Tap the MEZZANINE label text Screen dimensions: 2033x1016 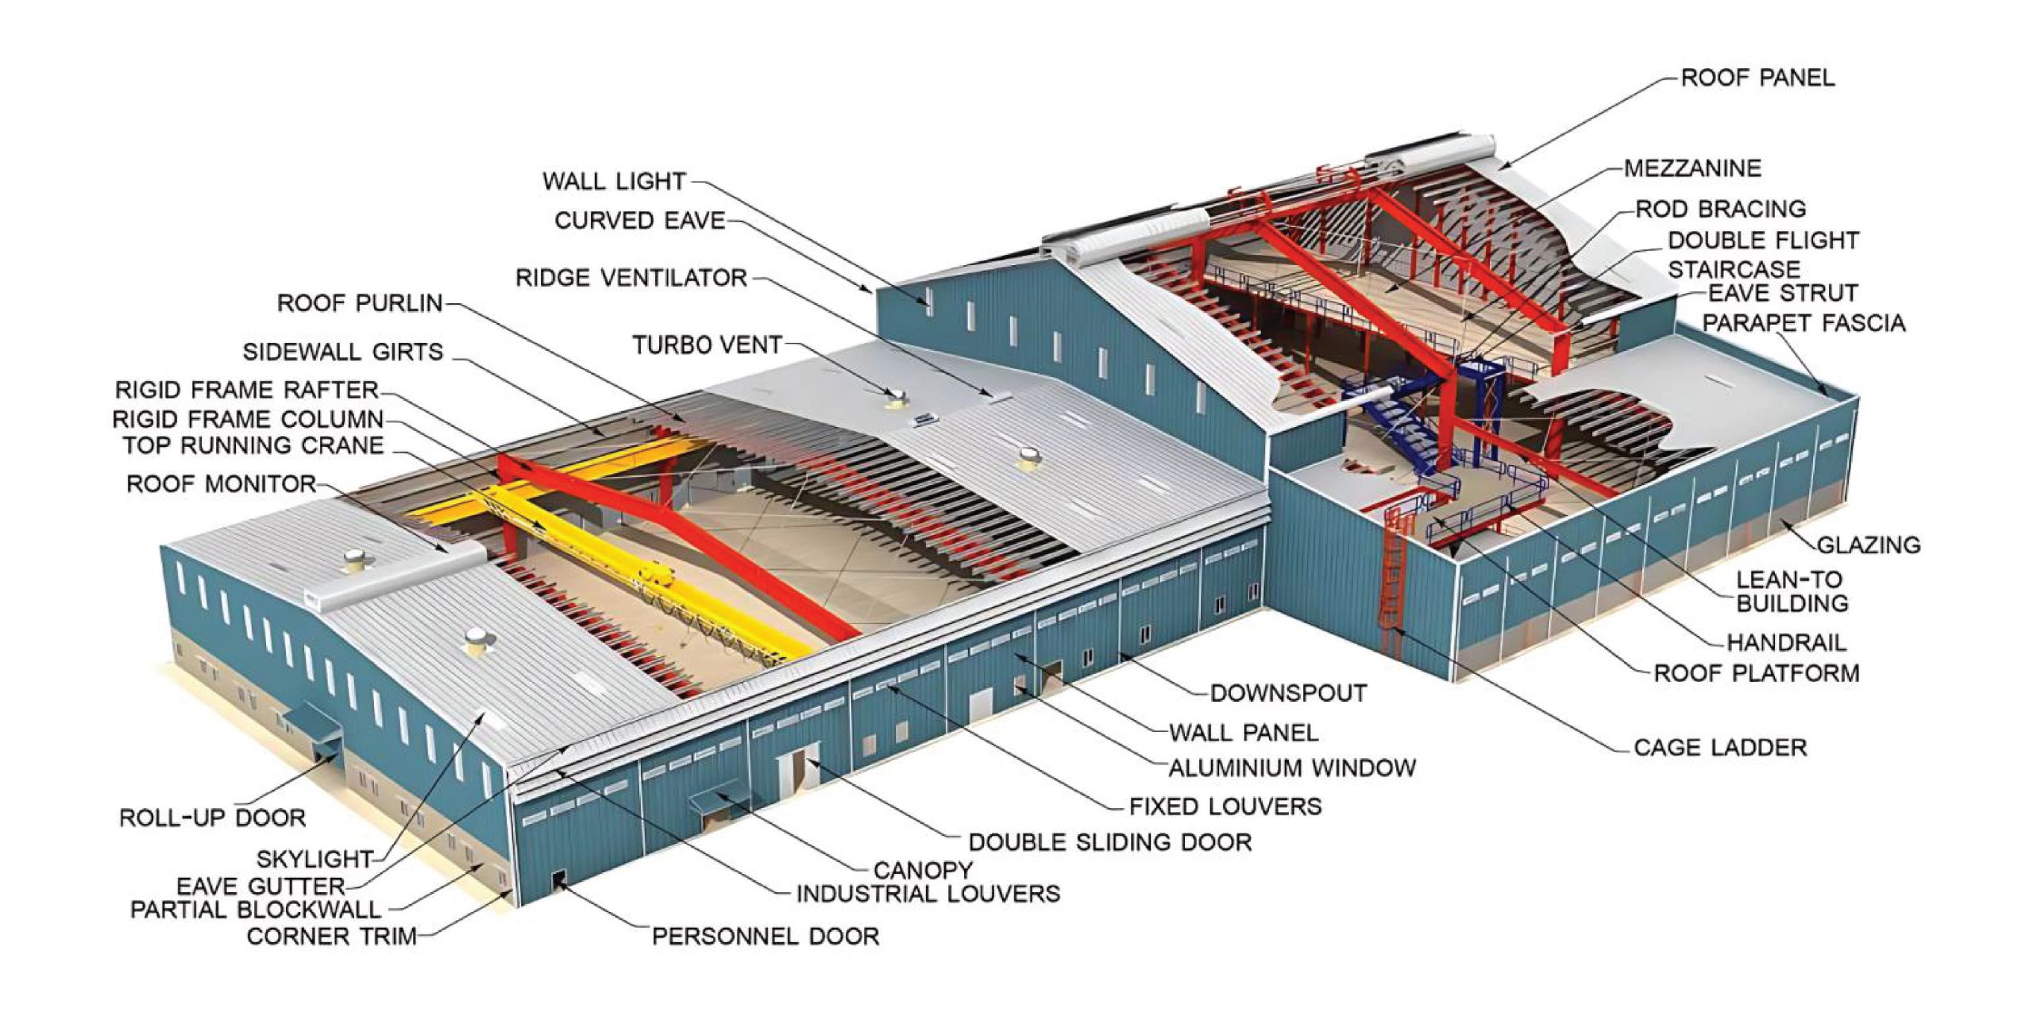(1692, 168)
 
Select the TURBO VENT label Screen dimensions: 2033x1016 (707, 345)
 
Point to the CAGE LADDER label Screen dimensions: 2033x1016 (1720, 748)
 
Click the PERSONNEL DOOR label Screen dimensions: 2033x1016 (766, 937)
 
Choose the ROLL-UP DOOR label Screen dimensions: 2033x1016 (212, 818)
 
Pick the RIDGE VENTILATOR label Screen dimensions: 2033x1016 (631, 278)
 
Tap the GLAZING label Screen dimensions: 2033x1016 (1869, 545)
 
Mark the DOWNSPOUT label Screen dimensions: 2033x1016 (1288, 693)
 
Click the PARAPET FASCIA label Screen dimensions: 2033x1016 (1803, 323)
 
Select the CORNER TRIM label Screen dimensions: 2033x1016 (332, 937)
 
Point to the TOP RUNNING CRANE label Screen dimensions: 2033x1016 (253, 445)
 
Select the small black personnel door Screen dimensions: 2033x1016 (557, 880)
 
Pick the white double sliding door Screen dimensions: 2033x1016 (797, 768)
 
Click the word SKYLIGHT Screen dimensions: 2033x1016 (314, 859)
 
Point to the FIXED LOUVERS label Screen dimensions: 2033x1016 (1225, 806)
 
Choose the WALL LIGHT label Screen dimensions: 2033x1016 (614, 181)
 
